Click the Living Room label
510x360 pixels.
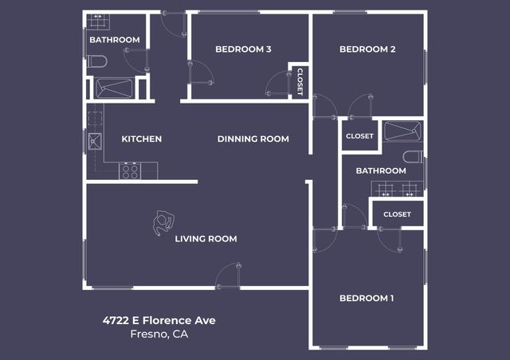[x=206, y=238]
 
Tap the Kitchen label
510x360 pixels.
[x=141, y=139]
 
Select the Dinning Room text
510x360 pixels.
[x=253, y=139]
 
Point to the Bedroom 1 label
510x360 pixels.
[x=367, y=298]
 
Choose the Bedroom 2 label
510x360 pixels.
[x=367, y=49]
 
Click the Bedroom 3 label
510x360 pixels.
[x=243, y=49]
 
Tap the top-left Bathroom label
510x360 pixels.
[x=114, y=40]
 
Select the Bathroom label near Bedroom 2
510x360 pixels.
[x=380, y=170]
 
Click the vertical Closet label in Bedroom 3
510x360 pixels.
[x=300, y=81]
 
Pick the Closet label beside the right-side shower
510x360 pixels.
[x=359, y=136]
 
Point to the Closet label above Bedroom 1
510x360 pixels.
[x=397, y=214]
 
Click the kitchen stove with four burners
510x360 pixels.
[x=129, y=170]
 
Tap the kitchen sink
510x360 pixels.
[x=93, y=143]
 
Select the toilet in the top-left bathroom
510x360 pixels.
[x=96, y=61]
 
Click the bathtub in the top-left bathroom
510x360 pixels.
[x=114, y=88]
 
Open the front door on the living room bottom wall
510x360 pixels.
[x=228, y=276]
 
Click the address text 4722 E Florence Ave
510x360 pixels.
[x=159, y=320]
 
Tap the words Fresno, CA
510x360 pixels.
[x=159, y=334]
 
